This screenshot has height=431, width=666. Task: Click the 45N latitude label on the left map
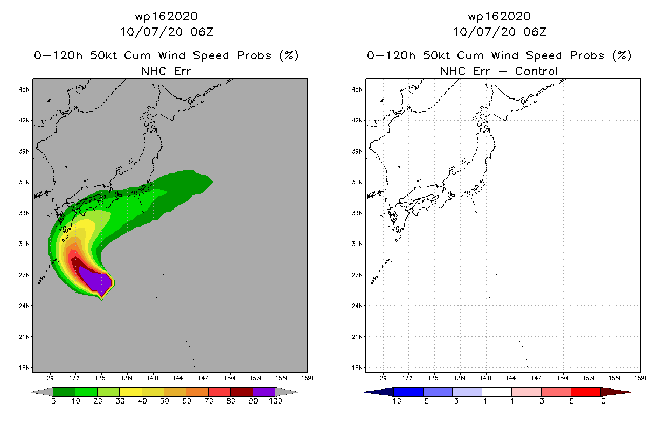click(x=24, y=89)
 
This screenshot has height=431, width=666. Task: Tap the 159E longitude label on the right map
click(x=641, y=378)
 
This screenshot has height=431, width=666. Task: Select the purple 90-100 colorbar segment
click(x=264, y=392)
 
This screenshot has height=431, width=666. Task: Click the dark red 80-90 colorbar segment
click(x=242, y=392)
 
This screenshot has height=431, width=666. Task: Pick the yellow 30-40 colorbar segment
click(x=130, y=392)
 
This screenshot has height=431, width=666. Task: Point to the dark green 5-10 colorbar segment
click(x=64, y=392)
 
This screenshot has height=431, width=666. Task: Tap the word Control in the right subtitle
click(x=536, y=71)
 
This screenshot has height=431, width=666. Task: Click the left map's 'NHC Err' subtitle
click(x=166, y=71)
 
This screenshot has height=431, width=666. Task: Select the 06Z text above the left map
click(x=202, y=32)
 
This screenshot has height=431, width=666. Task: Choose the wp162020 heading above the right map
click(x=499, y=16)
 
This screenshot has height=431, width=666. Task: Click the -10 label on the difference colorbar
click(x=394, y=401)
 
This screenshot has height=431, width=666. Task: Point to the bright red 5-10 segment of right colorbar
click(x=586, y=392)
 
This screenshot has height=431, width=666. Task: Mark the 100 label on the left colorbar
click(x=275, y=401)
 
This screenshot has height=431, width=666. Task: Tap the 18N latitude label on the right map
click(x=357, y=367)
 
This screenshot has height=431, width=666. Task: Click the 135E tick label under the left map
click(x=102, y=378)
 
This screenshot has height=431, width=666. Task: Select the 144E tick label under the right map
click(x=512, y=378)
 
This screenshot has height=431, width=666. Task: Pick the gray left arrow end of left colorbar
click(x=42, y=392)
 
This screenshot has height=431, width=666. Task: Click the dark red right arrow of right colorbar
click(x=615, y=392)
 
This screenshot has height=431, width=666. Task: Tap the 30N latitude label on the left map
click(x=24, y=244)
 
